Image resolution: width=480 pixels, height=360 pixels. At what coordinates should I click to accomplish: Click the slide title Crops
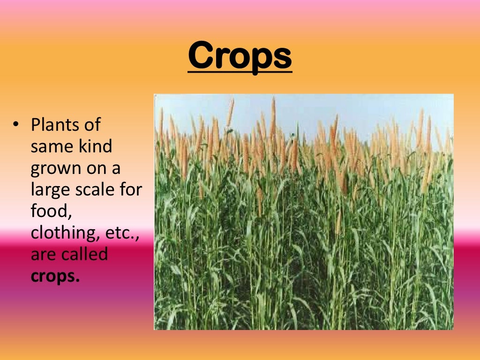coord(240,55)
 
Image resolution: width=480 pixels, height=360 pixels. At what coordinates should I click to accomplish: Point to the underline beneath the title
coord(240,72)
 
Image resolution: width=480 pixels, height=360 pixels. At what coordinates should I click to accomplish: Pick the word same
coord(50,147)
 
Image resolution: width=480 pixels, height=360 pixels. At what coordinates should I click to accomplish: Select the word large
coord(49,190)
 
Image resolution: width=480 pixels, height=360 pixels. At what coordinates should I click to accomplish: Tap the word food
coord(50,212)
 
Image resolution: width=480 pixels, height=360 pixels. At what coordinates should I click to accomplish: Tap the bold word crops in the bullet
coord(55,277)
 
